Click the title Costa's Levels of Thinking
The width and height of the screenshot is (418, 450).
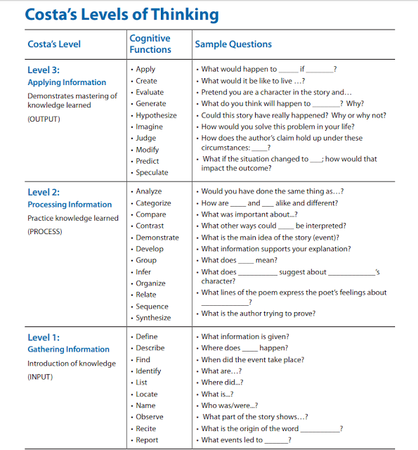point(122,15)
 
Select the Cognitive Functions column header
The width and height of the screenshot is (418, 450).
point(150,44)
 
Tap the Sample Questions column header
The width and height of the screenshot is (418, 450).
point(233,44)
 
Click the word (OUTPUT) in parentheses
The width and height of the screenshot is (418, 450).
point(44,119)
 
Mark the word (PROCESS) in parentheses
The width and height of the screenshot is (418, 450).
point(45,231)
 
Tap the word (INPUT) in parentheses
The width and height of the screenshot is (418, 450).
point(40,376)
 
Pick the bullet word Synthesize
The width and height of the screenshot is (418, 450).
point(153,318)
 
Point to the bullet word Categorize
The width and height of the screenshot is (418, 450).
point(153,203)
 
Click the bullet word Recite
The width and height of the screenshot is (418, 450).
point(146,428)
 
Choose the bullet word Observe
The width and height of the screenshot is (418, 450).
point(150,416)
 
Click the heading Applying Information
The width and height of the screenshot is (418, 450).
point(67,82)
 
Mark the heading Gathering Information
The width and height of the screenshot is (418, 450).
point(68,349)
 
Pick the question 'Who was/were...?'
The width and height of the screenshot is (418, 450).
point(229,405)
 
